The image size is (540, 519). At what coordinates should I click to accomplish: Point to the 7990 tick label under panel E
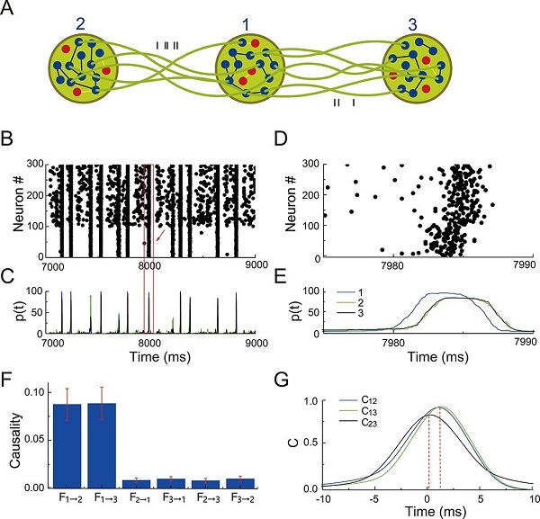(523, 343)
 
